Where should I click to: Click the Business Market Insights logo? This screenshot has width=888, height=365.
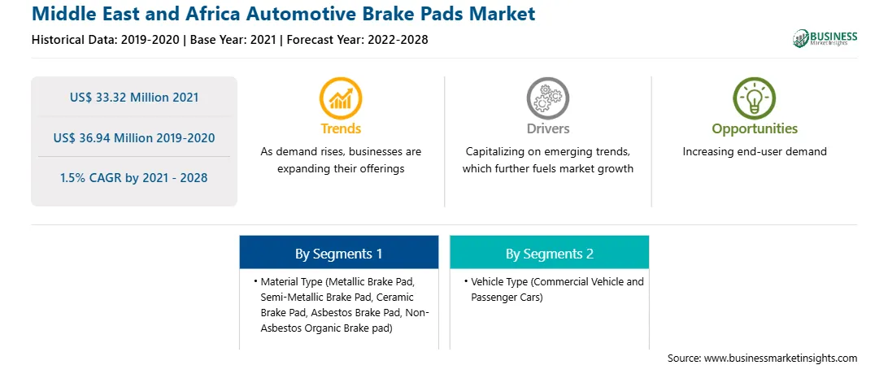825,38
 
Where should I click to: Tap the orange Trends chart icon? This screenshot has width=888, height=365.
341,98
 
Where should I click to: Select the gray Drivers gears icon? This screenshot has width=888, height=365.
547,98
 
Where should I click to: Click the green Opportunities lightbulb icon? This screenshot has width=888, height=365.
755,98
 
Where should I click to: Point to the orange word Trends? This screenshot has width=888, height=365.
341,128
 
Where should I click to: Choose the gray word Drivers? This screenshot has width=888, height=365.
547,128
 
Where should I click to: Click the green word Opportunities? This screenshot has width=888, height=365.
755,129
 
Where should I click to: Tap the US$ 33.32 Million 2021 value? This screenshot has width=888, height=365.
134,98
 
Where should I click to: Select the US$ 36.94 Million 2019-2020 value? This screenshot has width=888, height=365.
134,137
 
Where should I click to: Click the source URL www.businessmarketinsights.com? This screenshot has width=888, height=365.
781,358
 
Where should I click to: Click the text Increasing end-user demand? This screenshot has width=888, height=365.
755,152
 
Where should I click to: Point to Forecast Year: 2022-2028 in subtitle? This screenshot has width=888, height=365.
356,40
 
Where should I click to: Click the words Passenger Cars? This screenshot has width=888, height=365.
507,297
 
